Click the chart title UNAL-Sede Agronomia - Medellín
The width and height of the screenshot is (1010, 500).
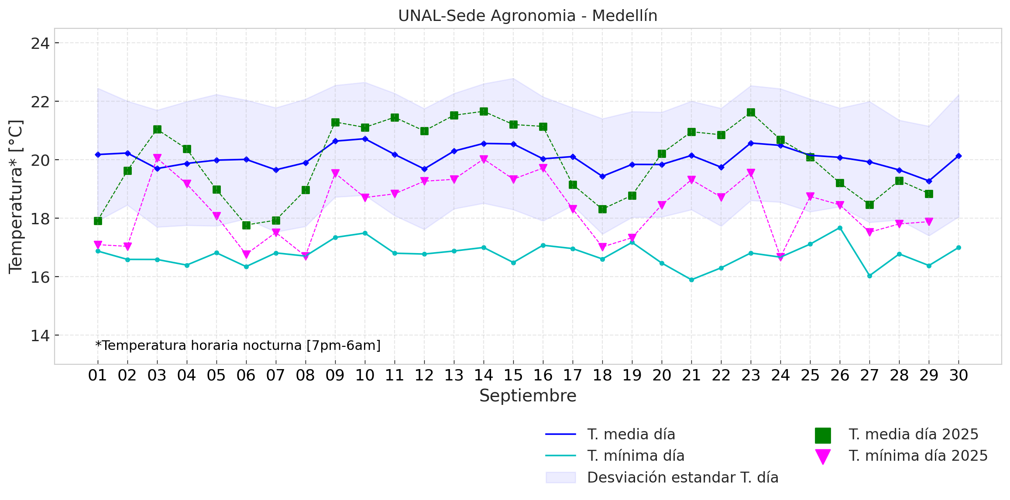pyautogui.click(x=527, y=16)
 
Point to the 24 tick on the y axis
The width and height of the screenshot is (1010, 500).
pyautogui.click(x=40, y=43)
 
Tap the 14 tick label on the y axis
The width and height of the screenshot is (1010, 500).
pyautogui.click(x=40, y=336)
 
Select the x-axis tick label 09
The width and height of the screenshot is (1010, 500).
pyautogui.click(x=335, y=375)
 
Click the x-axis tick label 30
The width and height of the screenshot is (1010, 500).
pyautogui.click(x=958, y=375)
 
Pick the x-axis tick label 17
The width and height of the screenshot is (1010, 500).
pyautogui.click(x=573, y=375)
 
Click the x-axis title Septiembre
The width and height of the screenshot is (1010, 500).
pyautogui.click(x=527, y=396)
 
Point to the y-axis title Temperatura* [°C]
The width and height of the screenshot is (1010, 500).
pyautogui.click(x=16, y=196)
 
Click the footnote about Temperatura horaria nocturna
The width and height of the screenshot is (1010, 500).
pyautogui.click(x=238, y=346)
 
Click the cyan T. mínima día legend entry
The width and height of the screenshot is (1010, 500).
pyautogui.click(x=636, y=456)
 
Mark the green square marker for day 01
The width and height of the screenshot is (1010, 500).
pyautogui.click(x=98, y=221)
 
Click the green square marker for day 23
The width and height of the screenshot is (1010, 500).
pyautogui.click(x=751, y=113)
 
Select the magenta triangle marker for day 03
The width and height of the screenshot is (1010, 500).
pyautogui.click(x=157, y=158)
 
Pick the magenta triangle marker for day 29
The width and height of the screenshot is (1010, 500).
pyautogui.click(x=929, y=222)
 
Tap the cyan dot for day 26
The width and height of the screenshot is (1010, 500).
pyautogui.click(x=840, y=228)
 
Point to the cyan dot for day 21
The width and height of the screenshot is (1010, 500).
pyautogui.click(x=691, y=280)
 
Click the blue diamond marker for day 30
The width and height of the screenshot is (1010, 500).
pyautogui.click(x=958, y=156)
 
